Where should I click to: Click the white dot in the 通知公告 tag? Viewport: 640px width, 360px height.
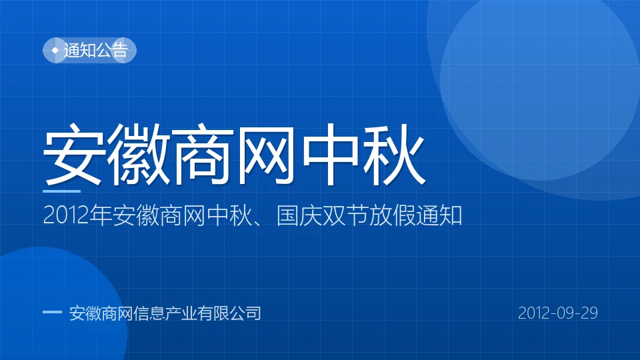tap(55, 50)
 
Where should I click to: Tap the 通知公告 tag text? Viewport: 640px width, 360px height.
tap(96, 50)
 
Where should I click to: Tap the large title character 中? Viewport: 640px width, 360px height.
tap(331, 154)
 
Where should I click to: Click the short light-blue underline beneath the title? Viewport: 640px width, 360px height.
tap(61, 191)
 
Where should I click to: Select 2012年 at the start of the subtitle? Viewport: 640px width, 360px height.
tap(77, 215)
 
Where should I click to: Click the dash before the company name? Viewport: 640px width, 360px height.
tap(52, 312)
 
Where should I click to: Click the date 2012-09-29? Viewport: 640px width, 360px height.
tap(558, 313)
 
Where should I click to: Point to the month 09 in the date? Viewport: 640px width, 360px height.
tap(558, 313)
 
